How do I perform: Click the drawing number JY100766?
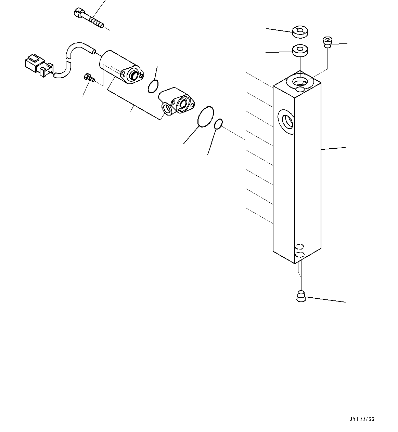[x=362, y=419]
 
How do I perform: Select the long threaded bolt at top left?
[x=88, y=19]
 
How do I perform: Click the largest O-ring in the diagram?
[x=206, y=117]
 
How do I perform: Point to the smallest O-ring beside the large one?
[x=218, y=124]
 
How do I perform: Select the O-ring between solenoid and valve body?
[x=153, y=86]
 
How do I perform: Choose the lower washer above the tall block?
[x=300, y=51]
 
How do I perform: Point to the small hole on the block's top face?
[x=300, y=89]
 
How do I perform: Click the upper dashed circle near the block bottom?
[x=300, y=246]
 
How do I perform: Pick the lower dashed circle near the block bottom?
[x=300, y=254]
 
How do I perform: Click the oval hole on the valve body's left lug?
[x=167, y=108]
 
